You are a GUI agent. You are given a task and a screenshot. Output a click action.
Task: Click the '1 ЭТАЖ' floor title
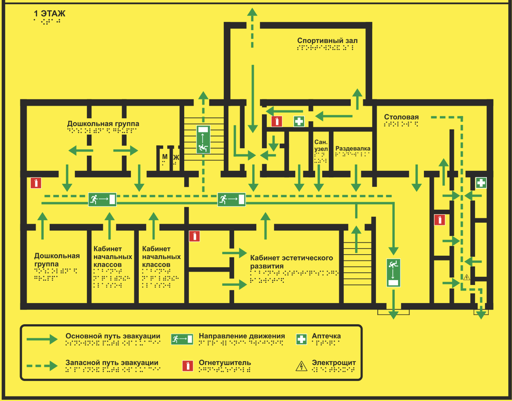pos(49,14)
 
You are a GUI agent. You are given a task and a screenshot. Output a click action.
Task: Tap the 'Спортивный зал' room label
pos(327,41)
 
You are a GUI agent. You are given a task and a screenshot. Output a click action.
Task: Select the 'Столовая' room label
pos(401,117)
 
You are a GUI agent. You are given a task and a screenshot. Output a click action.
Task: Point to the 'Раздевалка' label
pos(353,149)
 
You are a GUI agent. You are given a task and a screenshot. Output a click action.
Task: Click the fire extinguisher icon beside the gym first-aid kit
pos(277,121)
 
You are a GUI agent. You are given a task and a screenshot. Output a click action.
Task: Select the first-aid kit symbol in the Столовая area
pos(481,183)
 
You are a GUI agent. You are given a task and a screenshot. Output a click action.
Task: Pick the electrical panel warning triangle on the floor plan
pos(467,277)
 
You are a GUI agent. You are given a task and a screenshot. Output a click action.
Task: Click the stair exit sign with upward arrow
pos(203,139)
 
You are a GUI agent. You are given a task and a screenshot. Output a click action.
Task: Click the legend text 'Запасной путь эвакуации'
pos(112,363)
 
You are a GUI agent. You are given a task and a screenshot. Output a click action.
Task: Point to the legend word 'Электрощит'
pos(334,363)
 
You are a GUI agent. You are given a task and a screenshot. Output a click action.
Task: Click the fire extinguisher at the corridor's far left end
pos(36,183)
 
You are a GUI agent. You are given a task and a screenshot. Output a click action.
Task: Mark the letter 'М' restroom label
pos(165,157)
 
